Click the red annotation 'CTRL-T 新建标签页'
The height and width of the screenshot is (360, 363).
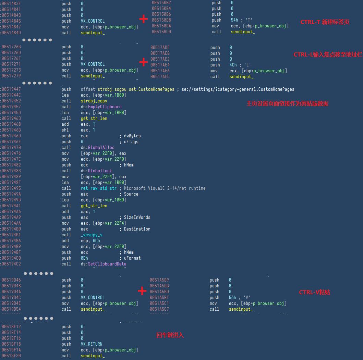tap(325, 22)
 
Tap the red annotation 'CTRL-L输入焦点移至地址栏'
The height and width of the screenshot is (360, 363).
tap(328, 54)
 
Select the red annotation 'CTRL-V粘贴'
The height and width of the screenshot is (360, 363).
tap(314, 292)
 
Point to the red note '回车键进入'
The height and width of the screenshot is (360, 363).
tap(170, 335)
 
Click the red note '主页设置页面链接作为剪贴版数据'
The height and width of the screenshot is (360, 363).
tap(287, 103)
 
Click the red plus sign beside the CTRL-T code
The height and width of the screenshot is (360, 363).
tap(144, 19)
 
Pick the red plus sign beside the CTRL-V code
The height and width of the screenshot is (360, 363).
tap(142, 291)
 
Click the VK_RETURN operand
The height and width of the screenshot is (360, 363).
tap(92, 344)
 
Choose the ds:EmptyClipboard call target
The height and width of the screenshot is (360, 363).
tap(101, 107)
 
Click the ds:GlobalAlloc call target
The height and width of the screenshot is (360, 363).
tap(97, 147)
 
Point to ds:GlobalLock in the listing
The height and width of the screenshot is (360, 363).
tap(96, 171)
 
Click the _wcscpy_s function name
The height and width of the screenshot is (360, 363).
tap(92, 235)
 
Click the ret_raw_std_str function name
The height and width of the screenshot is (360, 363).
tap(99, 188)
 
